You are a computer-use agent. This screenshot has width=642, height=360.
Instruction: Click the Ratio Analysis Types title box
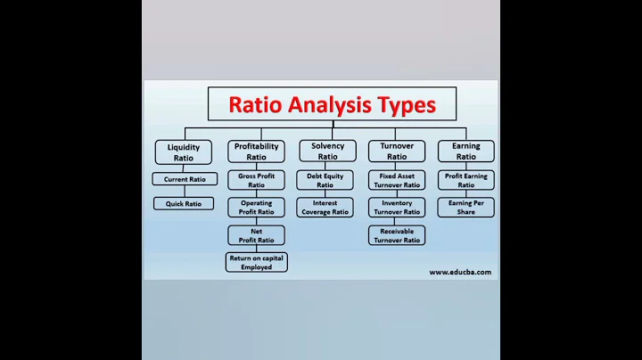pos(332,104)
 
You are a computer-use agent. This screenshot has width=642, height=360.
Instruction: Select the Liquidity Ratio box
pos(184,151)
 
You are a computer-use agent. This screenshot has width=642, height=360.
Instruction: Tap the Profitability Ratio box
pos(256,151)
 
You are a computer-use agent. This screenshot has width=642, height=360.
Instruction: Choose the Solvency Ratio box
pos(327,151)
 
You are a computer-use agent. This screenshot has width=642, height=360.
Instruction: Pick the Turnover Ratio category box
pos(397,151)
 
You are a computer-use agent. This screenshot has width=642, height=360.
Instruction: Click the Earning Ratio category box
pos(466,151)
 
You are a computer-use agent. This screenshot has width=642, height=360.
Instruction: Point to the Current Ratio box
pos(184,179)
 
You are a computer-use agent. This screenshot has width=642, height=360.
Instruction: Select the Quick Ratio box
pos(184,203)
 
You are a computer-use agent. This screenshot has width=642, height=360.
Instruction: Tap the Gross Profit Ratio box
pos(256,180)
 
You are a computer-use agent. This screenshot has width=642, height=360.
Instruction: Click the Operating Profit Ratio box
pos(256,208)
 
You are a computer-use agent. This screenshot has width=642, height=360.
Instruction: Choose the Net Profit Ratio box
pos(256,235)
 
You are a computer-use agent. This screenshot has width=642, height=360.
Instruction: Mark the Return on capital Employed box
pos(256,262)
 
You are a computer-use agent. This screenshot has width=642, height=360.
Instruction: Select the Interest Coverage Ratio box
pos(327,208)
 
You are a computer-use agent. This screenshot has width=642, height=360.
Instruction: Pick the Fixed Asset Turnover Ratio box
pos(397,180)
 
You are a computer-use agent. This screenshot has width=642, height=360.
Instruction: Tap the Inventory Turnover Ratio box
pos(397,208)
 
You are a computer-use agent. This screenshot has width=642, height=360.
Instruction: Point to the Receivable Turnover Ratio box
pos(397,235)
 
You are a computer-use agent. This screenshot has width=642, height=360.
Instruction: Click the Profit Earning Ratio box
pos(466,180)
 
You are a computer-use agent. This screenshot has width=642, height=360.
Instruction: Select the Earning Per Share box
pos(466,208)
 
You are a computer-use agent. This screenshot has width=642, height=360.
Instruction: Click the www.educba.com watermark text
pos(459,272)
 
